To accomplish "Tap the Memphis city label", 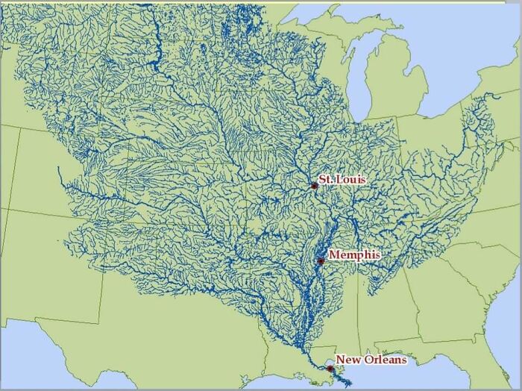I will tap(353, 255).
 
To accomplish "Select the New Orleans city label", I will tap(371, 360).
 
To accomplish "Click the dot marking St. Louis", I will tap(314, 186).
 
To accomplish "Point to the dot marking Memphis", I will tap(321, 261).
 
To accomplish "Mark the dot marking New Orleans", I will tap(330, 368).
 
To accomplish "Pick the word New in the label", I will tap(346, 360).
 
